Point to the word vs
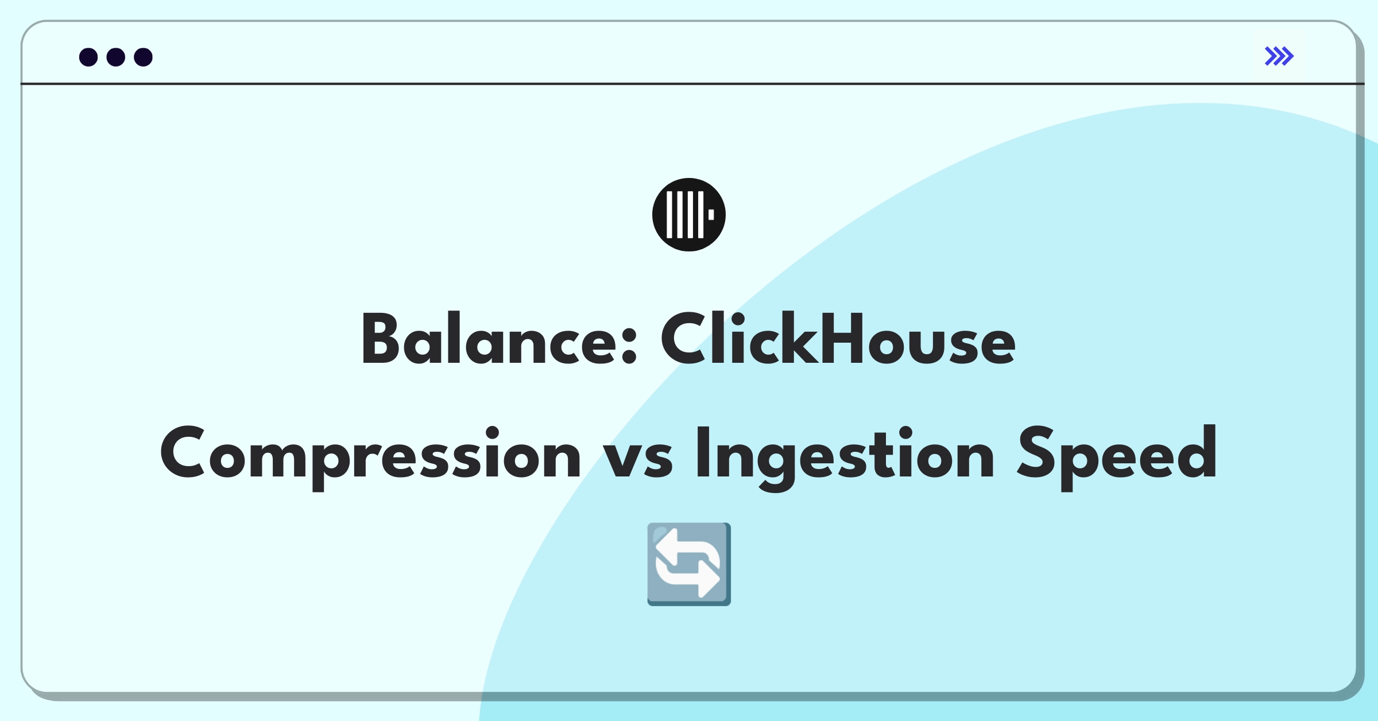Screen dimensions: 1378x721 point(637,460)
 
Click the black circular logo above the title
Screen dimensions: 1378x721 point(689,215)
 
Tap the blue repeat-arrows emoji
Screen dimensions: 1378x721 point(689,564)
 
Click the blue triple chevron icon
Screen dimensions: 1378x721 point(1279,56)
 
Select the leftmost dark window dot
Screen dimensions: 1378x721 point(88,57)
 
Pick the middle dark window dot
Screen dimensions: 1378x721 point(116,57)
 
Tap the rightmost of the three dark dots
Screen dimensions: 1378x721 point(144,57)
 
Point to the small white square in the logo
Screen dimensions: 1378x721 point(711,215)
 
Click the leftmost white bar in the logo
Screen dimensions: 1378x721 point(669,215)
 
